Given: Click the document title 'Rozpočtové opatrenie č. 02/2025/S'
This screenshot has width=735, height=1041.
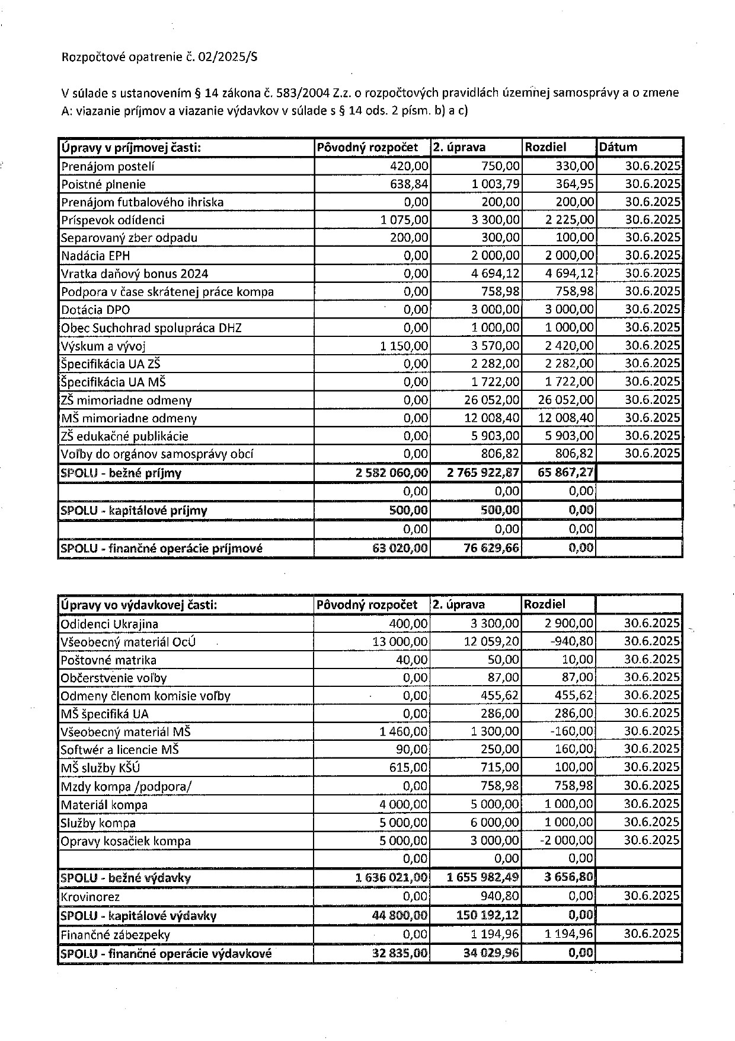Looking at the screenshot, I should tap(160, 58).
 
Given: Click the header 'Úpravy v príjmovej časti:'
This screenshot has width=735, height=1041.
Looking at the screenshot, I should tap(131, 148).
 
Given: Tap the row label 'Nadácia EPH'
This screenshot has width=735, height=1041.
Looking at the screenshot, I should tap(95, 256).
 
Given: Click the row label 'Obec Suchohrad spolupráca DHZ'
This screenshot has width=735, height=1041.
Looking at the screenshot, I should tap(151, 328).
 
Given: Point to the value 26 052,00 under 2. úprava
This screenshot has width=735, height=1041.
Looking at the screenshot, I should tap(492, 400).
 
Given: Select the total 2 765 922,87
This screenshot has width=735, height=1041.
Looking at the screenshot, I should tap(483, 473).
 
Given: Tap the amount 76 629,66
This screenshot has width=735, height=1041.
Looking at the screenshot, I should tap(491, 547).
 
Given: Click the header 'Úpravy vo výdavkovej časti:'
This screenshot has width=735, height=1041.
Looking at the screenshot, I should tap(139, 605).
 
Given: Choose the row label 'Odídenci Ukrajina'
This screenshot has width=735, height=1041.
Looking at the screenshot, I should tap(110, 624).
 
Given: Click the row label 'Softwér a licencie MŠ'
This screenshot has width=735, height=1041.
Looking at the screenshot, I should tap(120, 749).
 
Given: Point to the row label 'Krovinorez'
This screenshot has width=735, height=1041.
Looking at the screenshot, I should tap(90, 896).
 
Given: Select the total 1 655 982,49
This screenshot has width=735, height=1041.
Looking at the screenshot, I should tap(483, 877).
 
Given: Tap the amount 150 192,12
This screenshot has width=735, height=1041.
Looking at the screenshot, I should tap(487, 915).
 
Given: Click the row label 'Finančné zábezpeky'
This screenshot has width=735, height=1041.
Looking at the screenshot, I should tap(115, 934).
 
